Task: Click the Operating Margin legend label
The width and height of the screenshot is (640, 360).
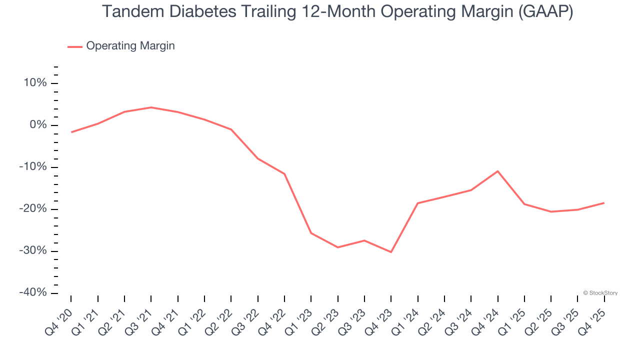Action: tap(130, 46)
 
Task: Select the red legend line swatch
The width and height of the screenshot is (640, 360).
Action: tap(75, 46)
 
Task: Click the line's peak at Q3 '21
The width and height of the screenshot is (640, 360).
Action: tap(151, 107)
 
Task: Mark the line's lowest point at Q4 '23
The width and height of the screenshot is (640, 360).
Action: tap(391, 252)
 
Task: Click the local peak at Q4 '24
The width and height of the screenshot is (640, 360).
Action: tap(497, 171)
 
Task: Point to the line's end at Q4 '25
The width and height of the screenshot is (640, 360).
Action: tap(604, 203)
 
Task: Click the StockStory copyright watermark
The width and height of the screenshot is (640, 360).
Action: tap(600, 293)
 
